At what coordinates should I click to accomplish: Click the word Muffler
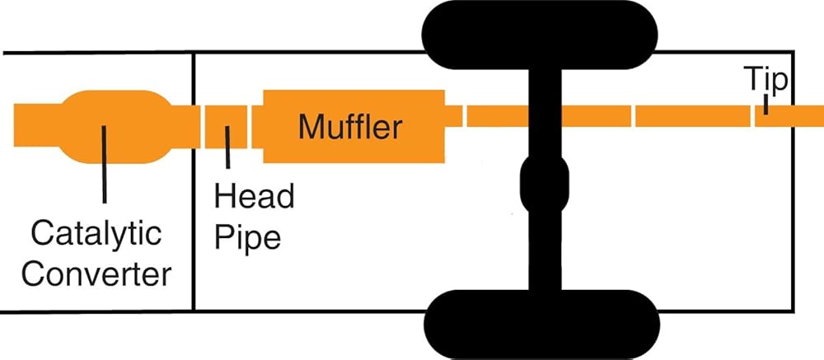pos(349,128)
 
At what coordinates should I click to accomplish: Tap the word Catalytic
pos(96,234)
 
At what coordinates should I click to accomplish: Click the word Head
pos(253,197)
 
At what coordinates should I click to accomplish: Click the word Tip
pos(765,81)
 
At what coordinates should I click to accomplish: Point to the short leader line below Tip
pos(765,105)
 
